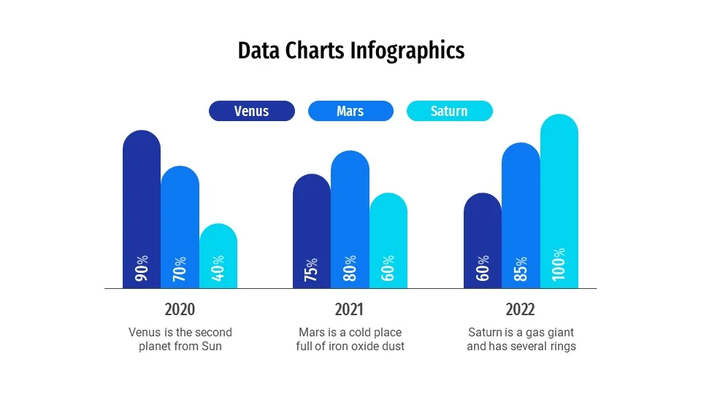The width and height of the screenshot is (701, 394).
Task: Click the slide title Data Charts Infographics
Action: click(x=350, y=50)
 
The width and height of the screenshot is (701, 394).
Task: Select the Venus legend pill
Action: click(x=252, y=111)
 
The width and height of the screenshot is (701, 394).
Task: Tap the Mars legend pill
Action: click(x=350, y=111)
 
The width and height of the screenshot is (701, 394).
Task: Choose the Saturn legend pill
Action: click(x=449, y=111)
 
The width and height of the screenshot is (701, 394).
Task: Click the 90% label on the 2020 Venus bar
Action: click(x=142, y=269)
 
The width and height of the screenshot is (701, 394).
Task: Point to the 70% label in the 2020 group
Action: click(x=180, y=269)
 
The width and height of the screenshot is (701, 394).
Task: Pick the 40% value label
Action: click(x=218, y=269)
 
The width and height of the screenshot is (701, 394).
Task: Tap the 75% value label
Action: click(x=312, y=269)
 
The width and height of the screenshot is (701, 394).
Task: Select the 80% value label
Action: click(x=350, y=269)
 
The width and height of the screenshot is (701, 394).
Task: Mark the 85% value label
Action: click(x=521, y=269)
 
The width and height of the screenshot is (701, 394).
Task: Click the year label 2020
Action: click(x=180, y=309)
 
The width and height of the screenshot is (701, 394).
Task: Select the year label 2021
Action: click(x=350, y=309)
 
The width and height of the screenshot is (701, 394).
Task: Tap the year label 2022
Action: click(x=521, y=309)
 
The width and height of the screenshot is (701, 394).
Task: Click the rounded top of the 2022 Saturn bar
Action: click(x=559, y=124)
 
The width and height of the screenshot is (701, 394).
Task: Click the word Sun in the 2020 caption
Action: click(x=212, y=347)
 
